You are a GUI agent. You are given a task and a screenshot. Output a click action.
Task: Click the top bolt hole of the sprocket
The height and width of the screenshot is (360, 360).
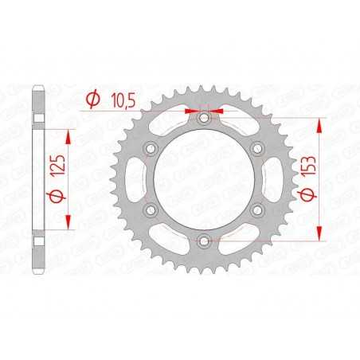pos(203,118)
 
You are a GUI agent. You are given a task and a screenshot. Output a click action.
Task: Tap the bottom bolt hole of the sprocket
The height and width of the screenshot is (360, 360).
pos(203,240)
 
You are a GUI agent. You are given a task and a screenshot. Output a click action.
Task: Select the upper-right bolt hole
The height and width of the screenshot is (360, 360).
pos(256,148)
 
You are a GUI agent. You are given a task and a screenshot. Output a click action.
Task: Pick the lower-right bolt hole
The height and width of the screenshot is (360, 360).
pos(256,209)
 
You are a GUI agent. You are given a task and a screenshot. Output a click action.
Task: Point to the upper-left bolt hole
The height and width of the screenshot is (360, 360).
pos(151,148)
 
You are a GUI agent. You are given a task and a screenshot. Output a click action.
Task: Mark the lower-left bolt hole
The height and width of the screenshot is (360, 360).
pos(151,209)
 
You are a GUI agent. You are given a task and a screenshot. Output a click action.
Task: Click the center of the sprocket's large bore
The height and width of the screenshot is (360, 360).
pos(203,178)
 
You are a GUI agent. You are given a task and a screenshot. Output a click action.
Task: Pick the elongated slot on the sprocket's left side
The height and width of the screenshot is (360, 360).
pos(141,178)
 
